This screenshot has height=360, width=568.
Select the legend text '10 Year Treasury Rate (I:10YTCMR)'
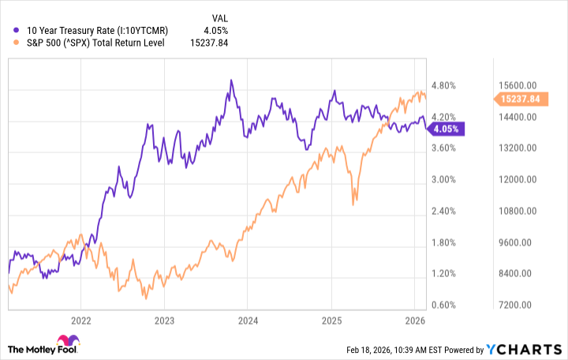[93, 31]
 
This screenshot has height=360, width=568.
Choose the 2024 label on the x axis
[248, 321]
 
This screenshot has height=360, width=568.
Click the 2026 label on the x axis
[415, 321]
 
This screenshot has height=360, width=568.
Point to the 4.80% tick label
[447, 85]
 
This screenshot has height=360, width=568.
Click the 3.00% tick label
[447, 180]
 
